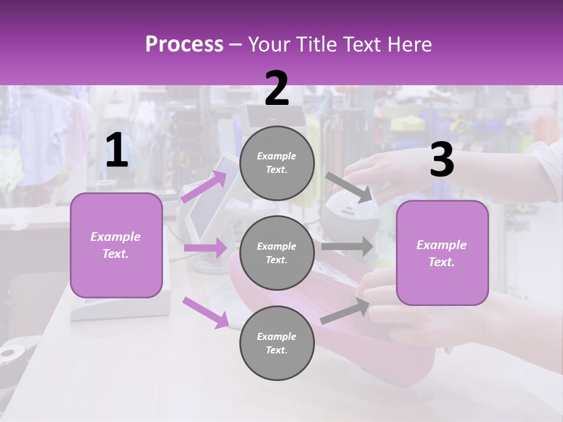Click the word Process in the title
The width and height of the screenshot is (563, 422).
184,45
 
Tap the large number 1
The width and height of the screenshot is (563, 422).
116,151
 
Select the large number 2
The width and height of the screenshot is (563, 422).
277,89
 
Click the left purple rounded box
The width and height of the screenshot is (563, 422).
116,245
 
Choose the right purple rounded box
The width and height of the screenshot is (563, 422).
442,253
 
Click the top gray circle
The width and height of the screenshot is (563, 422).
277,163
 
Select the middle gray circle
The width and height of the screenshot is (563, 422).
277,253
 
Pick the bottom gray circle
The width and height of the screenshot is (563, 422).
277,343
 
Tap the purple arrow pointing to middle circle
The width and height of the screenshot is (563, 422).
205,248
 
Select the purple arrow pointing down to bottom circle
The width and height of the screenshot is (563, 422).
205,312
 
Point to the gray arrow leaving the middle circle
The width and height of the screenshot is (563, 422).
347,246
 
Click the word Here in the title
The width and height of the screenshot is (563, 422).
410,45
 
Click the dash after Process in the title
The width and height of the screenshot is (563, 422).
236,45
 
